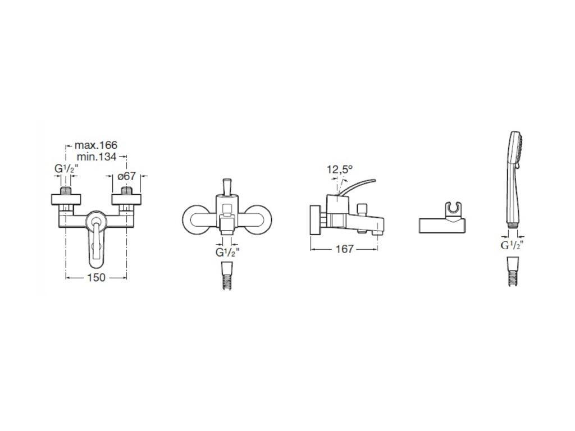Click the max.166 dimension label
[95, 145]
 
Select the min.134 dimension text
[97, 157]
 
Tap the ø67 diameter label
[126, 176]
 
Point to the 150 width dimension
[96, 277]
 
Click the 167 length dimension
[344, 249]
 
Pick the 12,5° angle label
[340, 169]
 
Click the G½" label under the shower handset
[512, 245]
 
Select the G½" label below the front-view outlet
[227, 253]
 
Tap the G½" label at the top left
[66, 169]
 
